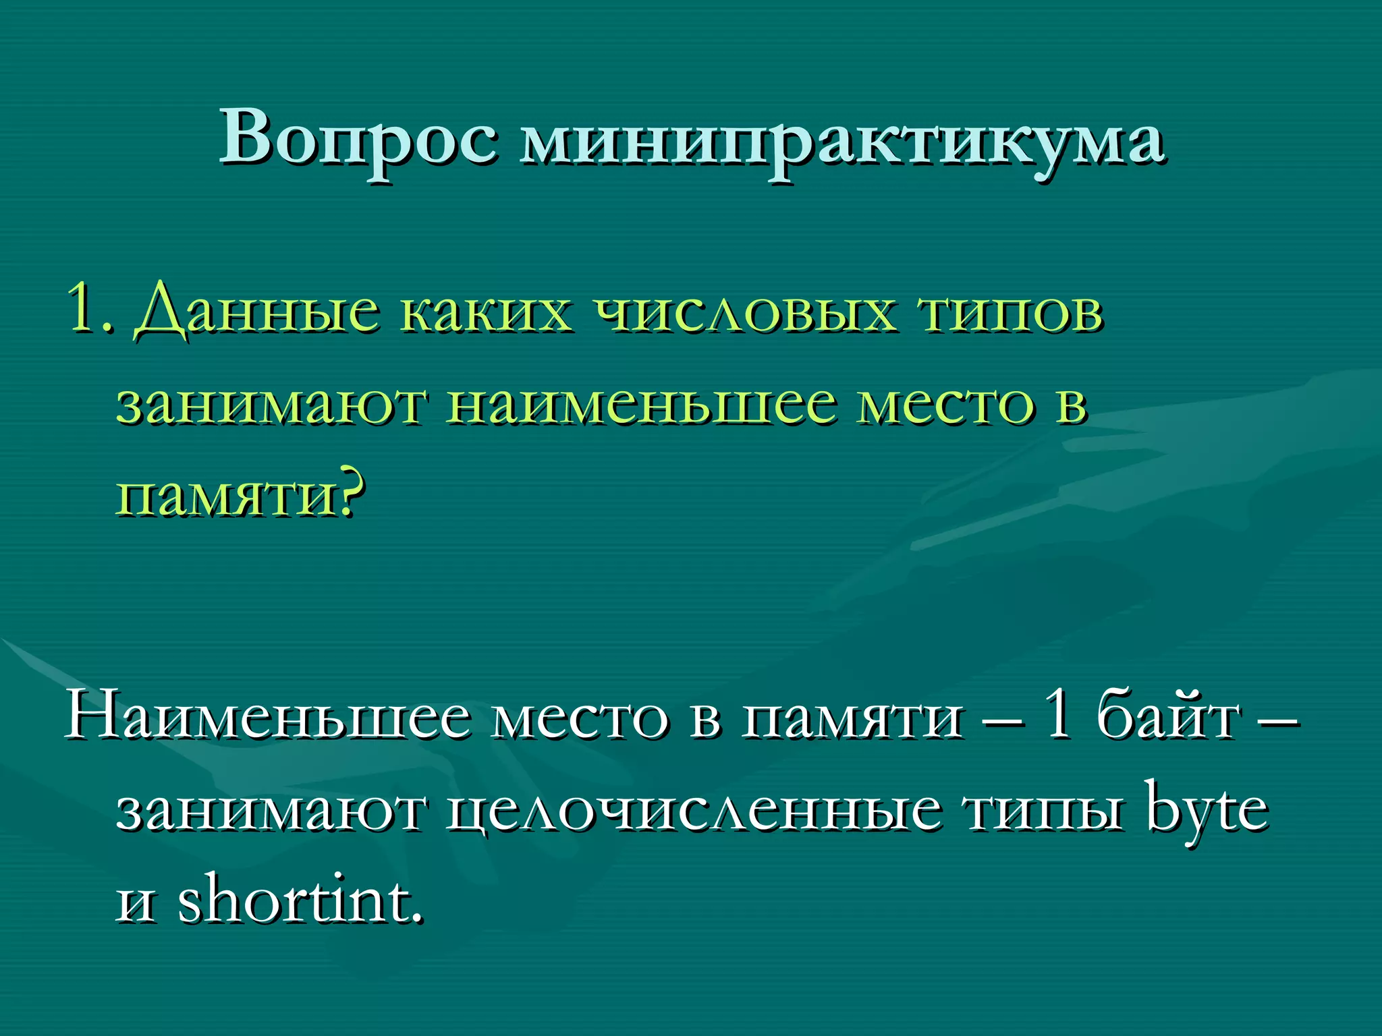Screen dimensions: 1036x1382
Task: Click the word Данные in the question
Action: (x=256, y=312)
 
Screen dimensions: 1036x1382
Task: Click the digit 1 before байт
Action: (x=1057, y=715)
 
